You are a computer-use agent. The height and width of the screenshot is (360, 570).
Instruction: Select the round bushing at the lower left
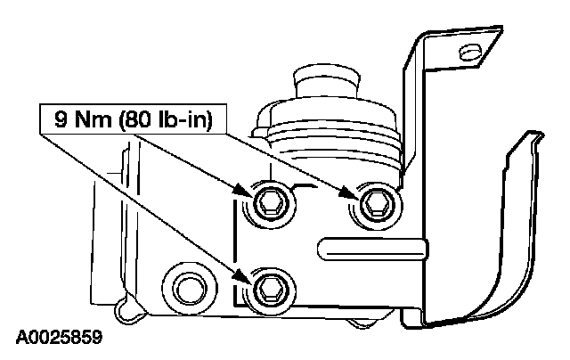coord(185,286)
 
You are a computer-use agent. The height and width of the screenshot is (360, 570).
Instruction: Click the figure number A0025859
coord(59,339)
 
